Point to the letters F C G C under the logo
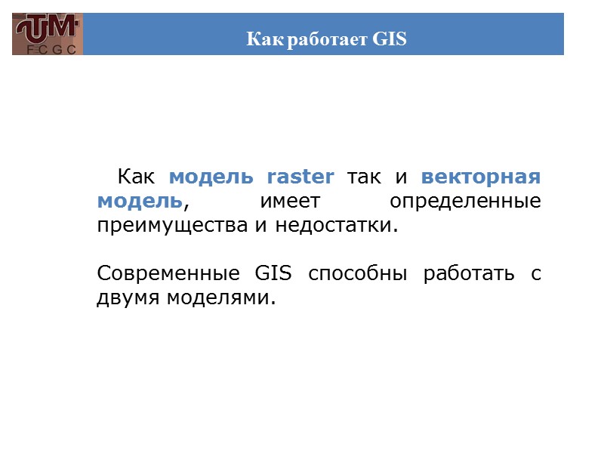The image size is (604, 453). (x=47, y=49)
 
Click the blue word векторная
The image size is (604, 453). (x=481, y=177)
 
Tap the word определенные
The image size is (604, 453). (x=466, y=202)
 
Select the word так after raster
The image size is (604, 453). (x=364, y=177)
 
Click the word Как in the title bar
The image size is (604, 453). (x=261, y=39)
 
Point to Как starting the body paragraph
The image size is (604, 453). (x=136, y=177)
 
